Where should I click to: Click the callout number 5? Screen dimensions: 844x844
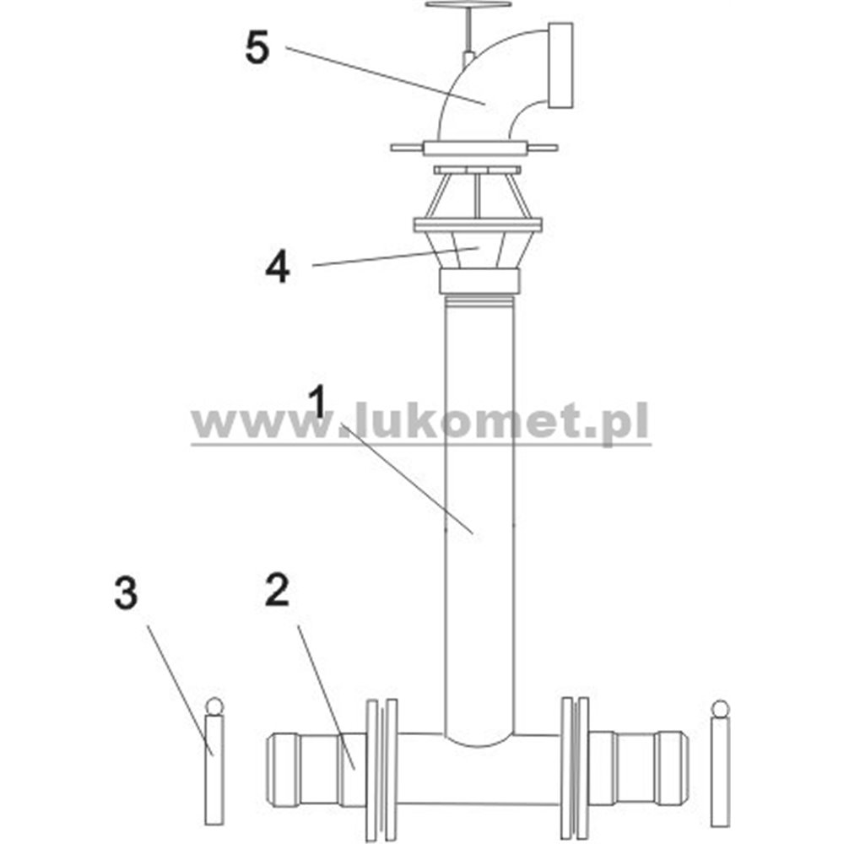257,47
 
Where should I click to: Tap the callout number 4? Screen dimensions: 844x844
278,268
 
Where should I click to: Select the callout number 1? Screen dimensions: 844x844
318,401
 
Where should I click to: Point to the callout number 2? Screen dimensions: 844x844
277,589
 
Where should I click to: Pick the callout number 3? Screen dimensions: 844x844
126,592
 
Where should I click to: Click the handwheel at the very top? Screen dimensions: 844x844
468,5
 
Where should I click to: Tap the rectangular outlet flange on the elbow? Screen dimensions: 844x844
560,66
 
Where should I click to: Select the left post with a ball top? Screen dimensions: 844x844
214,764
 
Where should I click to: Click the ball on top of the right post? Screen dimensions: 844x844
720,708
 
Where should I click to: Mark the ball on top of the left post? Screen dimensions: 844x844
214,706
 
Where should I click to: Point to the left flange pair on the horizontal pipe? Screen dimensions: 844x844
381,770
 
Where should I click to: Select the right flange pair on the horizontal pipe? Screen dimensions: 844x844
575,768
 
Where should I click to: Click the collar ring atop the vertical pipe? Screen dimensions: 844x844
479,281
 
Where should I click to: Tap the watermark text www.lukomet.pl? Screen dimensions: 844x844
420,425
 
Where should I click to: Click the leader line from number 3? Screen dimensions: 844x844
181,690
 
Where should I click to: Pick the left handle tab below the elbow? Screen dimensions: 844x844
408,148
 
